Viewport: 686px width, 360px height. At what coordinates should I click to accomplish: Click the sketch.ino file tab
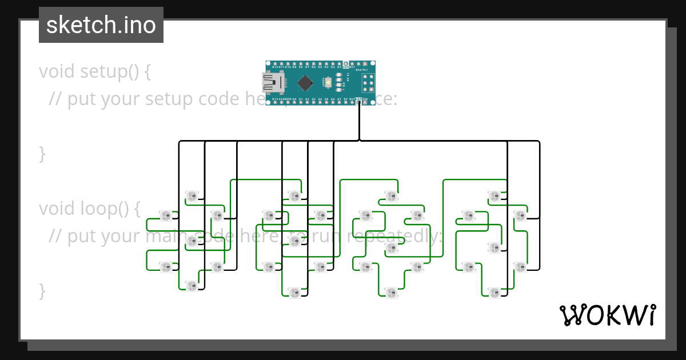coord(101,25)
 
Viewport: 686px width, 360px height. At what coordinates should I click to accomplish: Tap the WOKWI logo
coord(607,315)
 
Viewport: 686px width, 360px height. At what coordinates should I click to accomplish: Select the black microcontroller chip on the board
coord(305,83)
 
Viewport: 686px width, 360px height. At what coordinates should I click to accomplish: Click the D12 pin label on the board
coord(276,67)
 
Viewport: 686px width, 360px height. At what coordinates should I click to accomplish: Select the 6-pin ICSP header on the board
coord(366,83)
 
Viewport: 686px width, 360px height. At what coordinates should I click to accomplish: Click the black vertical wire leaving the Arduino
coord(359,123)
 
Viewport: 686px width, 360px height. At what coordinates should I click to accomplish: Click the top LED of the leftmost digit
coord(192,197)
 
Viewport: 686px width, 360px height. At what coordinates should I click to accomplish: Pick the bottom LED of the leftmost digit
coord(192,285)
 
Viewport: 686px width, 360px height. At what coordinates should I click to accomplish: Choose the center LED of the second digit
coord(294,241)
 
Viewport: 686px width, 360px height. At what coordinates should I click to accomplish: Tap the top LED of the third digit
coord(391,197)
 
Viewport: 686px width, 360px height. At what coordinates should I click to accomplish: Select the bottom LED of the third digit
coord(391,292)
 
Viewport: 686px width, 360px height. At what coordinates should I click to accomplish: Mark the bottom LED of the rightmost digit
coord(494,292)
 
